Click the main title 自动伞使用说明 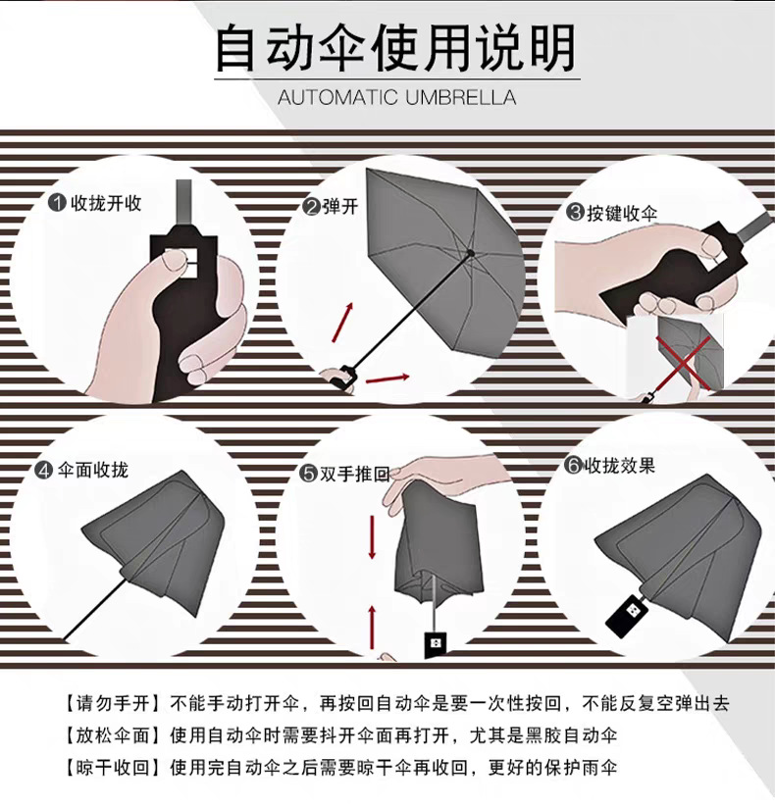pos(395,48)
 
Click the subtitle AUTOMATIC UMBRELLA pos(395,98)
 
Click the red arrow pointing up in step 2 pos(342,323)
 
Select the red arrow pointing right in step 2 pos(387,377)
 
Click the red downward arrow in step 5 pos(373,536)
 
